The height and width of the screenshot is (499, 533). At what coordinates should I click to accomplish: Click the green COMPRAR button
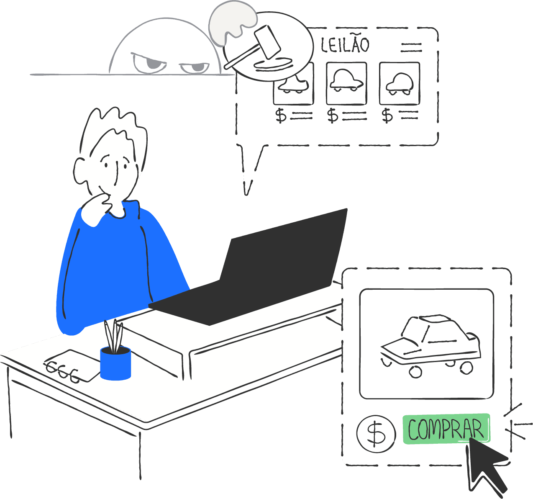446,429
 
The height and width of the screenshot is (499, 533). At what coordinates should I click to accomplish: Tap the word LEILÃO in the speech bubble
345,45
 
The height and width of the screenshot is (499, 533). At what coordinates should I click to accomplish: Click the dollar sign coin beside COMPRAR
376,433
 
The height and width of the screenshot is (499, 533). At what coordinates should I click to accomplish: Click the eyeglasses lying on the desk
63,370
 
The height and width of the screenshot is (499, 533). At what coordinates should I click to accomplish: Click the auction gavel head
267,42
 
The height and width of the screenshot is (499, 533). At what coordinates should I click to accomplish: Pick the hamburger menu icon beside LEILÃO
411,47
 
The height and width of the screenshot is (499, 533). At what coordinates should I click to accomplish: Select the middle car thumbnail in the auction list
346,83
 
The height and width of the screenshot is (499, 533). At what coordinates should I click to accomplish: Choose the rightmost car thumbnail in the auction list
400,83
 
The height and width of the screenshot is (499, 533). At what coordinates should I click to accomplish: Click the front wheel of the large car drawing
415,371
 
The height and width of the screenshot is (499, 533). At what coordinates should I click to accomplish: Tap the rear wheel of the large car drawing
466,367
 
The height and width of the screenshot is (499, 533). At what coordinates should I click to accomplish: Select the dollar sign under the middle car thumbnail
333,115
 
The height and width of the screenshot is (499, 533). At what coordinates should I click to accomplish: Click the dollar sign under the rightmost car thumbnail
387,115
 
